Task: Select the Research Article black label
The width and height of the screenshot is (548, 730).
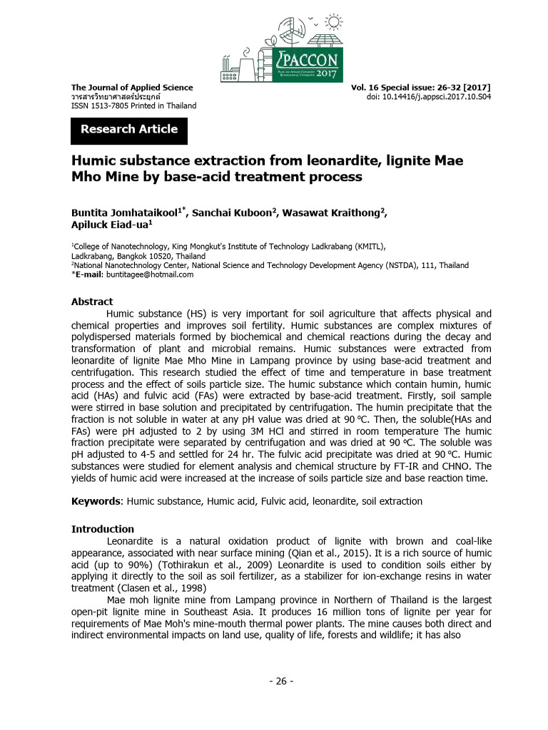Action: (x=129, y=129)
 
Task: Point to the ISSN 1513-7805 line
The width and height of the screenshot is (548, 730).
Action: (x=133, y=106)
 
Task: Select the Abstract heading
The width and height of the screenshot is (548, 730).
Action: (x=92, y=302)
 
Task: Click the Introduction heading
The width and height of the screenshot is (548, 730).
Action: (x=103, y=529)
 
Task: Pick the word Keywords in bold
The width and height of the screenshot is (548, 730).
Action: (x=96, y=501)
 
